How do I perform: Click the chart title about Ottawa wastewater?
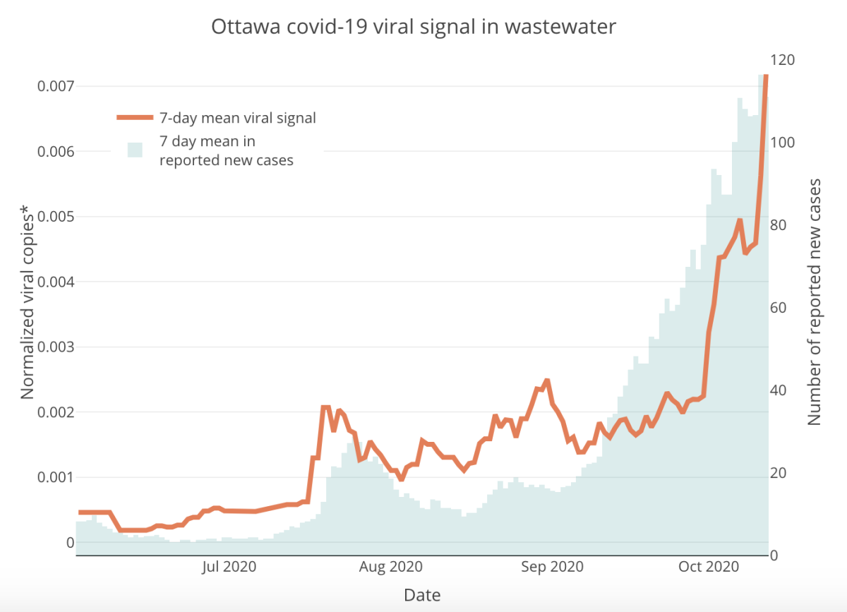click(414, 28)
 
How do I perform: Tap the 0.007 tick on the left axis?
click(55, 87)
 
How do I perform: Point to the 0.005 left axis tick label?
click(55, 217)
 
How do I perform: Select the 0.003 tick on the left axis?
click(55, 347)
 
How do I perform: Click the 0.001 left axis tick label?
click(55, 477)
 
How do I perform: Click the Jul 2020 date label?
click(229, 567)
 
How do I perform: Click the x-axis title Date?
click(422, 595)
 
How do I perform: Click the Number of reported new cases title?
click(815, 302)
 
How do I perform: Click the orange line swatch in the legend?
click(134, 118)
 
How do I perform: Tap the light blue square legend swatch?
click(135, 149)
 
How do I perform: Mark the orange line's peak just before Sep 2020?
click(546, 381)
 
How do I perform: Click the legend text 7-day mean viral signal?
click(238, 118)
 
